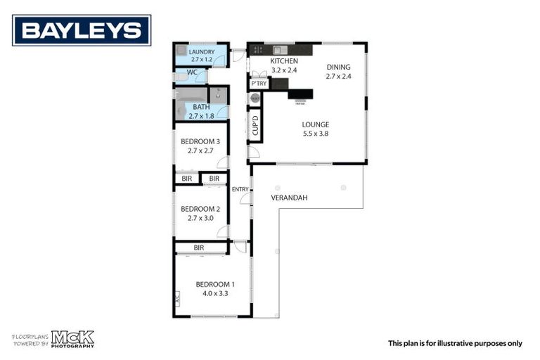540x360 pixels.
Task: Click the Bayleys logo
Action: [x=82, y=30]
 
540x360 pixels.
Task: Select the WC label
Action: [x=192, y=72]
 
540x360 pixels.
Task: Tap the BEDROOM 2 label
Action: [x=200, y=209]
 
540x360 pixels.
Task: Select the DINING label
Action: [x=337, y=67]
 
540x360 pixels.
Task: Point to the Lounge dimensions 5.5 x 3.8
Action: [x=316, y=133]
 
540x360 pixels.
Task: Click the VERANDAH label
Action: [x=289, y=198]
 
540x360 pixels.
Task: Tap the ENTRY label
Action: [x=240, y=188]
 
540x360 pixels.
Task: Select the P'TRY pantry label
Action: [x=259, y=84]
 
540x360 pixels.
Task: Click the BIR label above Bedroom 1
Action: [x=199, y=247]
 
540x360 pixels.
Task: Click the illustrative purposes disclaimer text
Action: [x=455, y=343]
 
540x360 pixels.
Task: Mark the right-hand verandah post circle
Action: [x=343, y=187]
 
